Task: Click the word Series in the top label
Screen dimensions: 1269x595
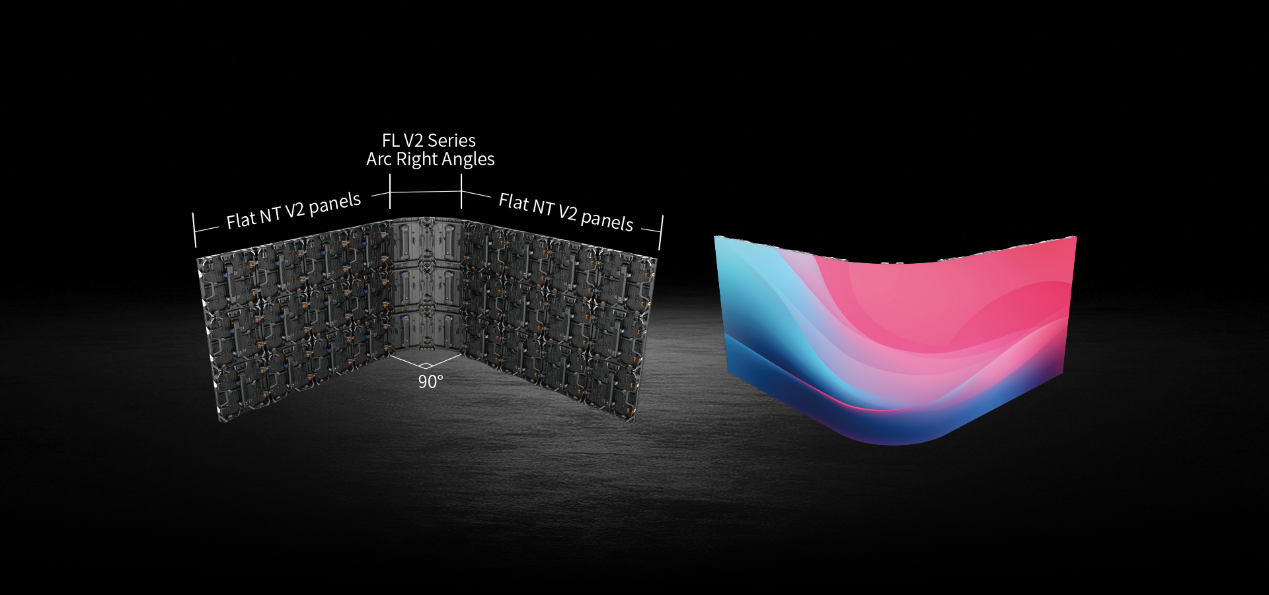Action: point(451,141)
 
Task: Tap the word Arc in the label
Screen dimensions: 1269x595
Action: point(379,159)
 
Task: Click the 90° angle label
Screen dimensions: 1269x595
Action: point(430,381)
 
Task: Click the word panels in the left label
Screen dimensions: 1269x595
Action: point(335,204)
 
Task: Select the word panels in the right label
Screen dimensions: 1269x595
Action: point(607,221)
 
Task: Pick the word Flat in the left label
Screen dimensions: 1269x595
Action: point(241,219)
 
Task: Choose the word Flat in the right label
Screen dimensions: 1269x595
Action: point(514,202)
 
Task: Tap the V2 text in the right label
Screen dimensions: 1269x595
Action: point(567,212)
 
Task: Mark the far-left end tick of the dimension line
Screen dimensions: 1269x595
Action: point(194,230)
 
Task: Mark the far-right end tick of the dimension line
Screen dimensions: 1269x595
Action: point(660,232)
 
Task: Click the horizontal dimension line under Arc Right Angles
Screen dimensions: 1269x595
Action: point(426,192)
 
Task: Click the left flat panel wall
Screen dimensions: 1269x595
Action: point(294,317)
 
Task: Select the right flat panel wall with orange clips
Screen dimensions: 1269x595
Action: point(558,317)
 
